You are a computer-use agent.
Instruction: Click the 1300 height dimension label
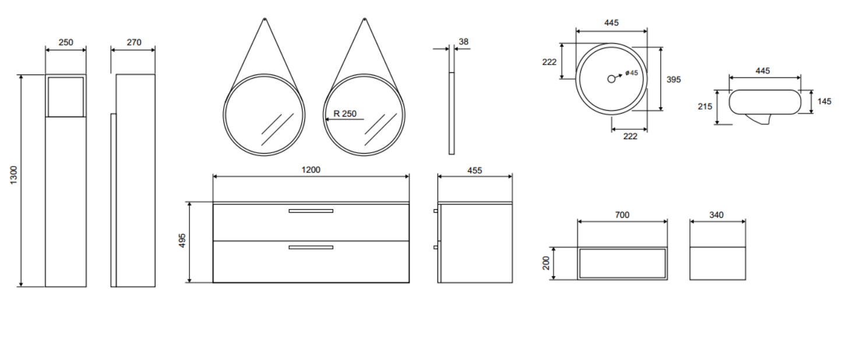(13, 175)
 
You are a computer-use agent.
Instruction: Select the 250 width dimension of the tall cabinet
(66, 43)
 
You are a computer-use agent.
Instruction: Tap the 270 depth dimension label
(134, 43)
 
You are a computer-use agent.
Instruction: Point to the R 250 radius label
(345, 114)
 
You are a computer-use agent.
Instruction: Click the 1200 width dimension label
(311, 170)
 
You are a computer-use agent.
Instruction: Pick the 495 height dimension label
(182, 241)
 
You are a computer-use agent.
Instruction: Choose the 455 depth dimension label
(474, 171)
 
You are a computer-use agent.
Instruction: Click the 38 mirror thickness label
(463, 42)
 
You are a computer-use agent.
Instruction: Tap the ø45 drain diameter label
(632, 73)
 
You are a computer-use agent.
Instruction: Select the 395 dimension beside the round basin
(674, 80)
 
